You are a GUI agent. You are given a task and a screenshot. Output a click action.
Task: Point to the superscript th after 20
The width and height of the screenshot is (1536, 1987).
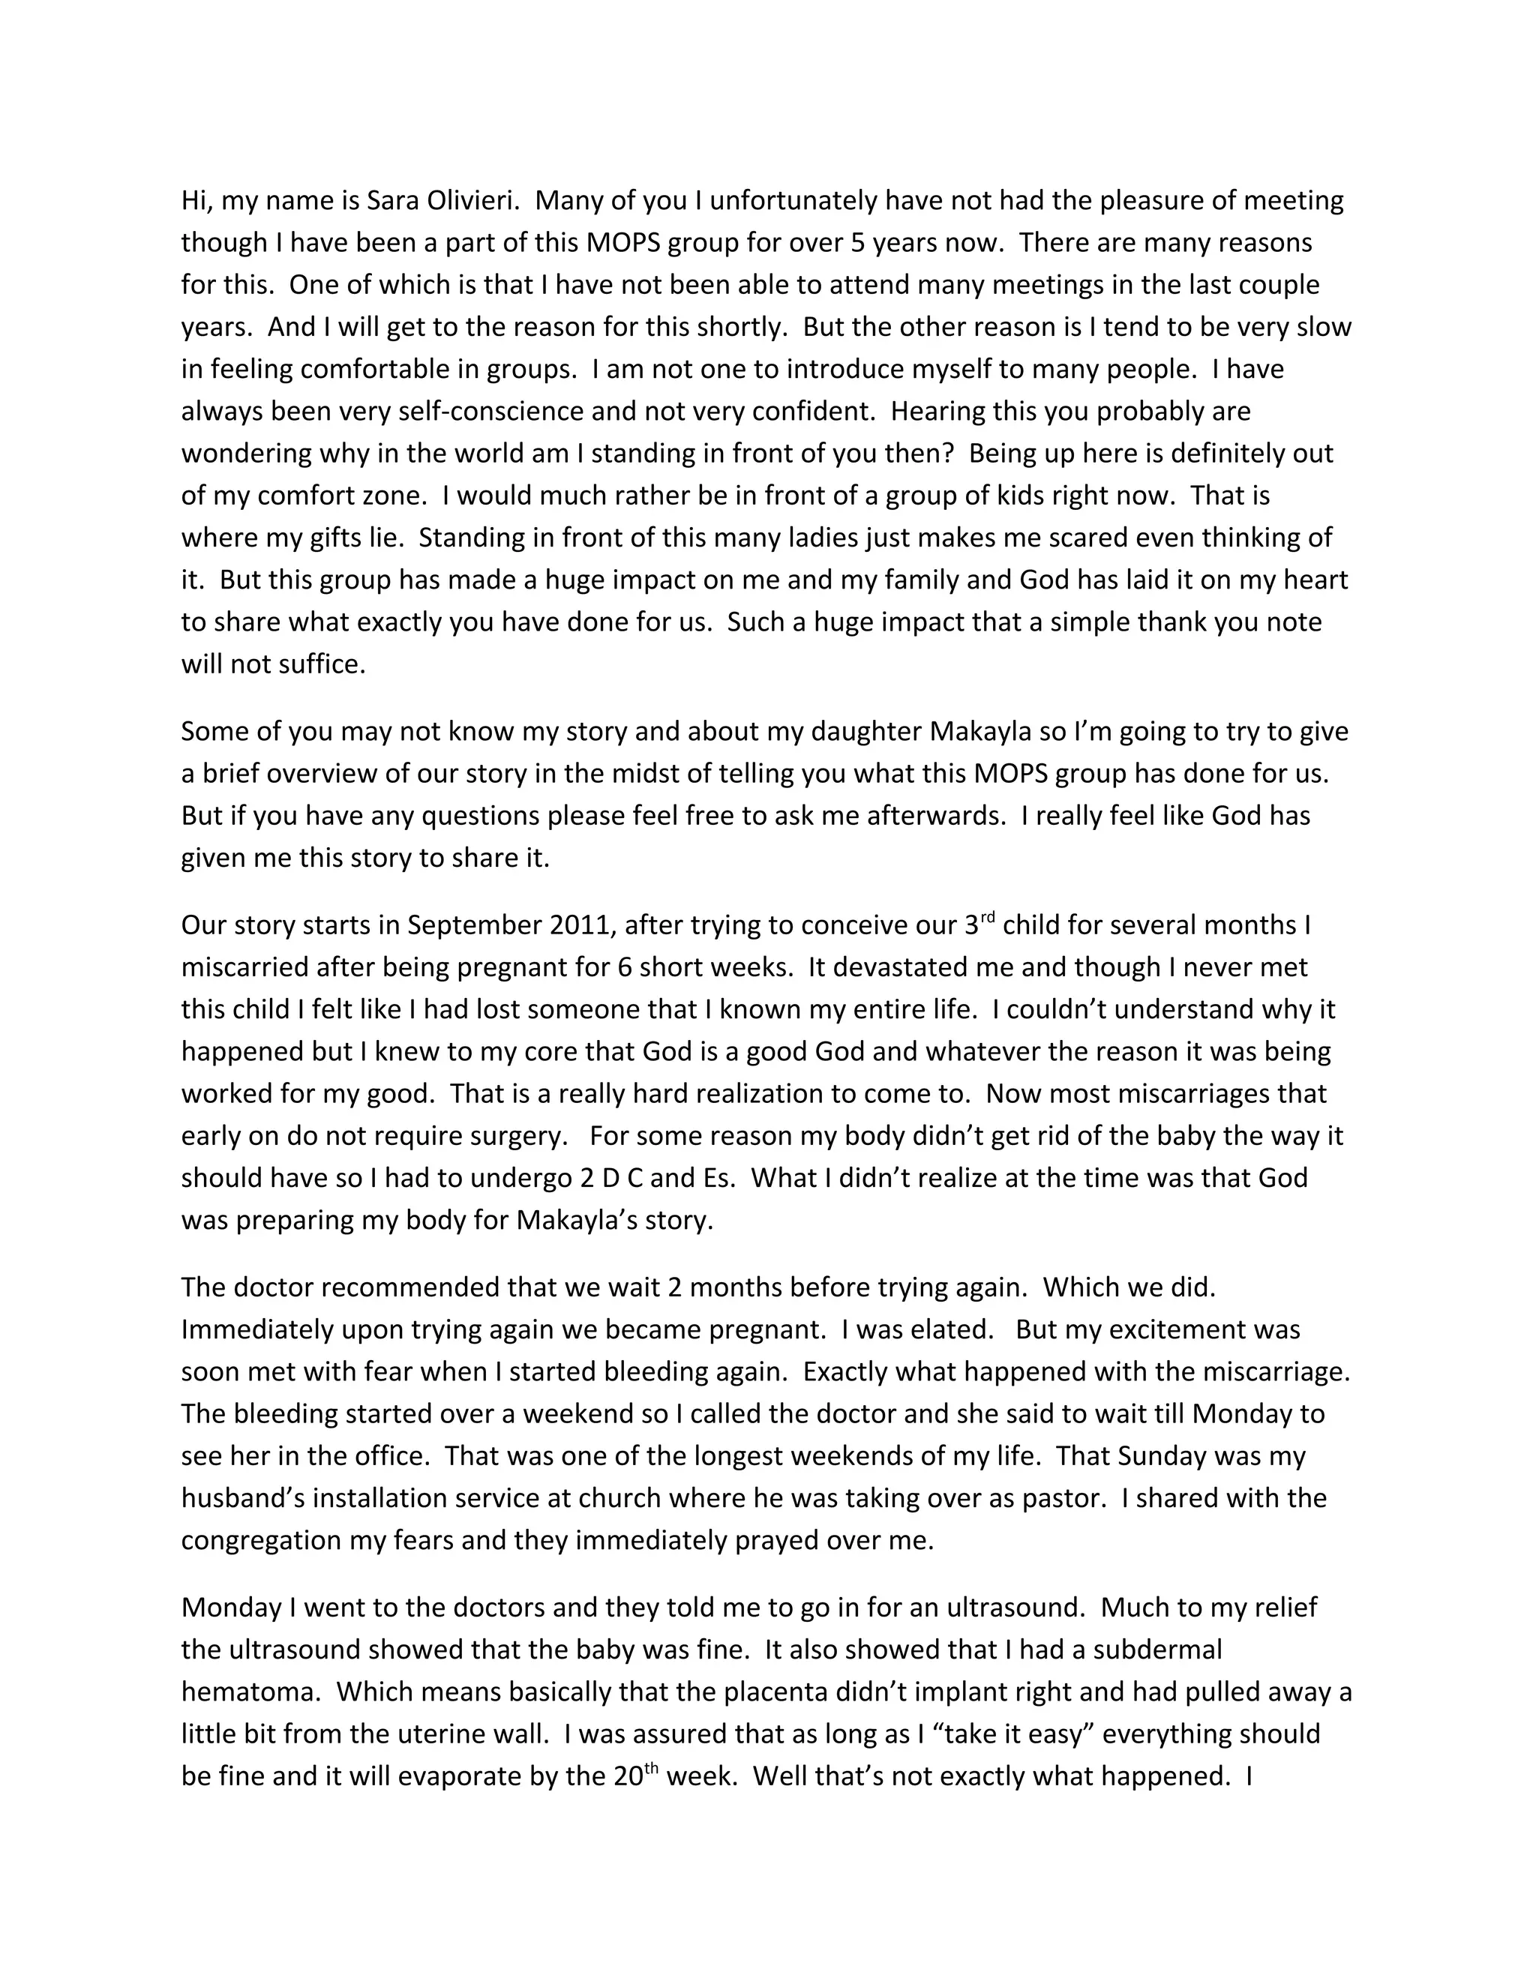[652, 1768]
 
